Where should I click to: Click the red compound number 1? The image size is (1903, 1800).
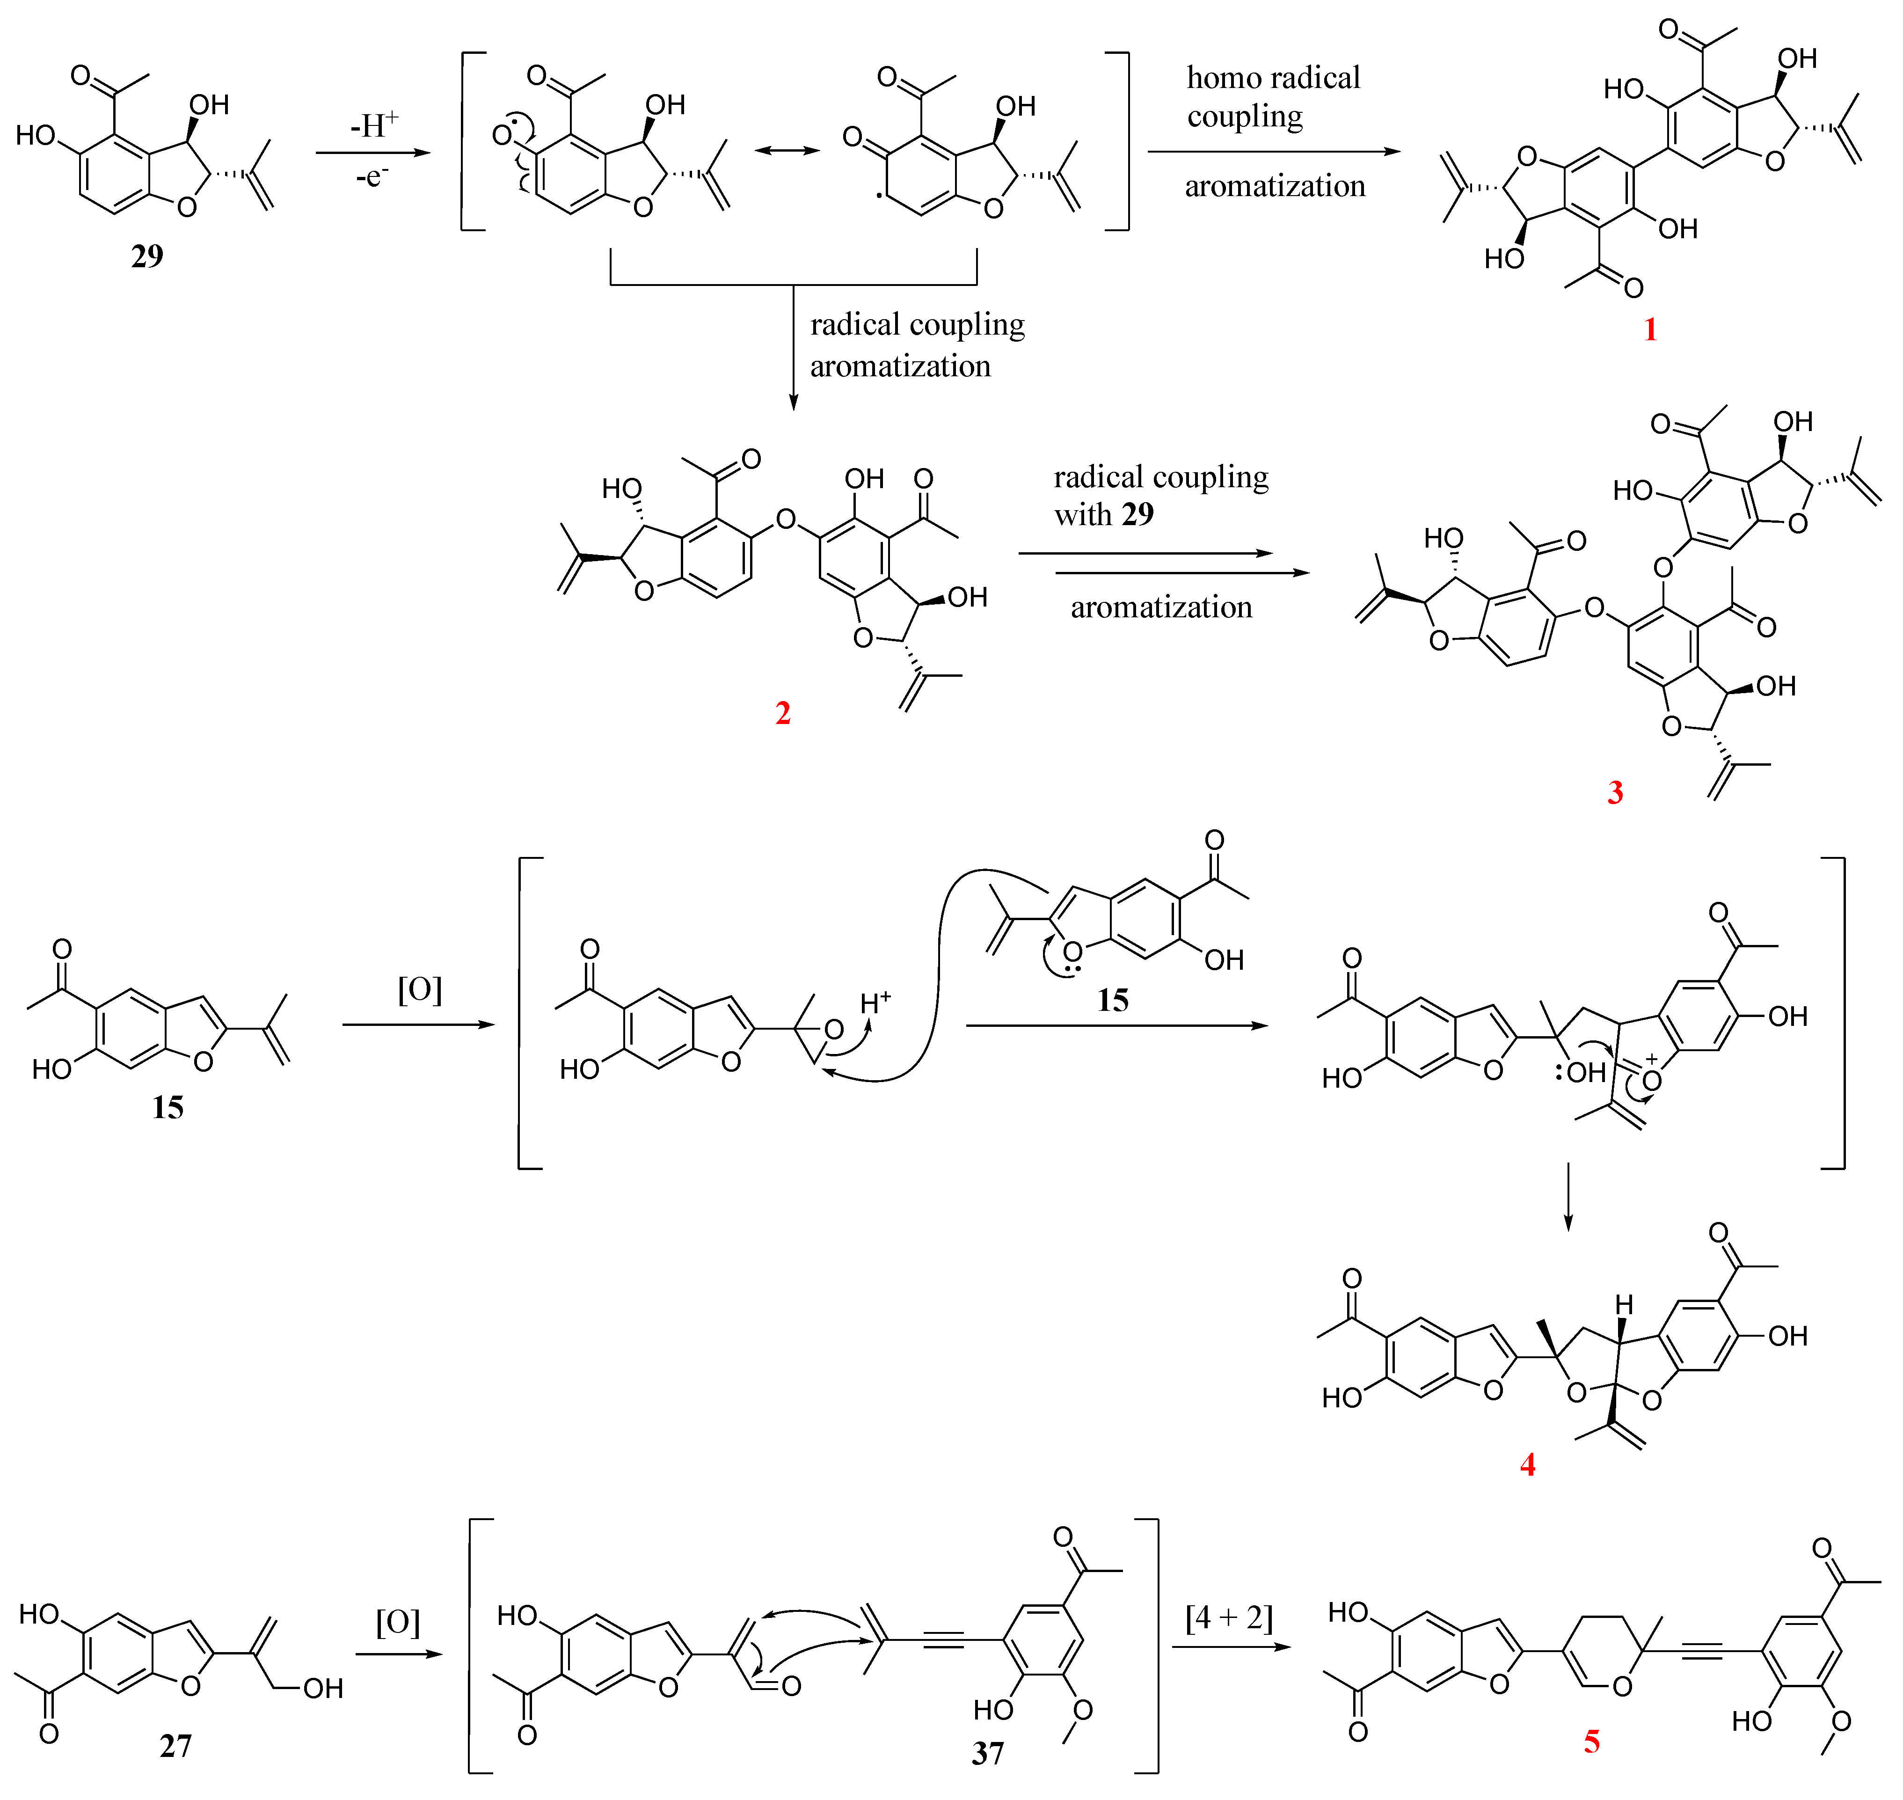(x=1650, y=329)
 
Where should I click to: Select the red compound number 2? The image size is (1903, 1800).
(x=783, y=713)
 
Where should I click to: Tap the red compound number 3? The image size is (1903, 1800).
(x=1615, y=792)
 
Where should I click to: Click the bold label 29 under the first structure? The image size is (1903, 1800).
(x=147, y=256)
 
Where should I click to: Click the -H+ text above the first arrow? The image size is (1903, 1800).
(x=374, y=125)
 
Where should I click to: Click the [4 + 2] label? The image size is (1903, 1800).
(x=1229, y=1617)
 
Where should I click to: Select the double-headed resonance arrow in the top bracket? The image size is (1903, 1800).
(x=787, y=151)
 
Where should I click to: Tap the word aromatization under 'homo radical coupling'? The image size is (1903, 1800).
(x=1275, y=186)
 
